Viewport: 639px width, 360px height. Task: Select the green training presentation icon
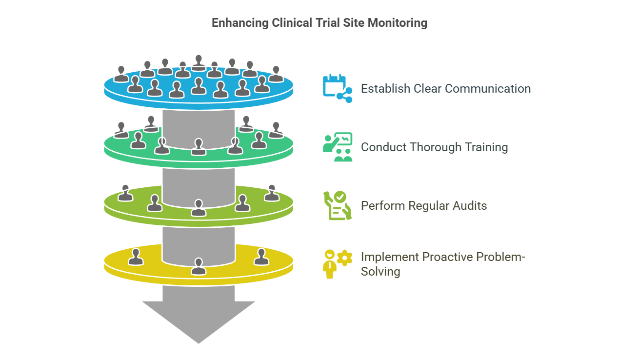(x=337, y=147)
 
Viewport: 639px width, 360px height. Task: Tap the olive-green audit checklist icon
(x=337, y=205)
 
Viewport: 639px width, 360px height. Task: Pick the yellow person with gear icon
(x=337, y=263)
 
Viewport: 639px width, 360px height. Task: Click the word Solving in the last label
(x=380, y=272)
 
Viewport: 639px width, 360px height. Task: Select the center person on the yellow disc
(x=198, y=266)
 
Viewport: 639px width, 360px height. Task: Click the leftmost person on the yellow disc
(x=136, y=257)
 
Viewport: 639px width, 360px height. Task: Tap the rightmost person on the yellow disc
(x=261, y=257)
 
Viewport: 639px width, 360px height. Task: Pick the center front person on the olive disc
(x=198, y=208)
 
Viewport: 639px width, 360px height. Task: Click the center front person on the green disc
(x=198, y=147)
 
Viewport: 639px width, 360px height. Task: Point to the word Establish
(x=385, y=89)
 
